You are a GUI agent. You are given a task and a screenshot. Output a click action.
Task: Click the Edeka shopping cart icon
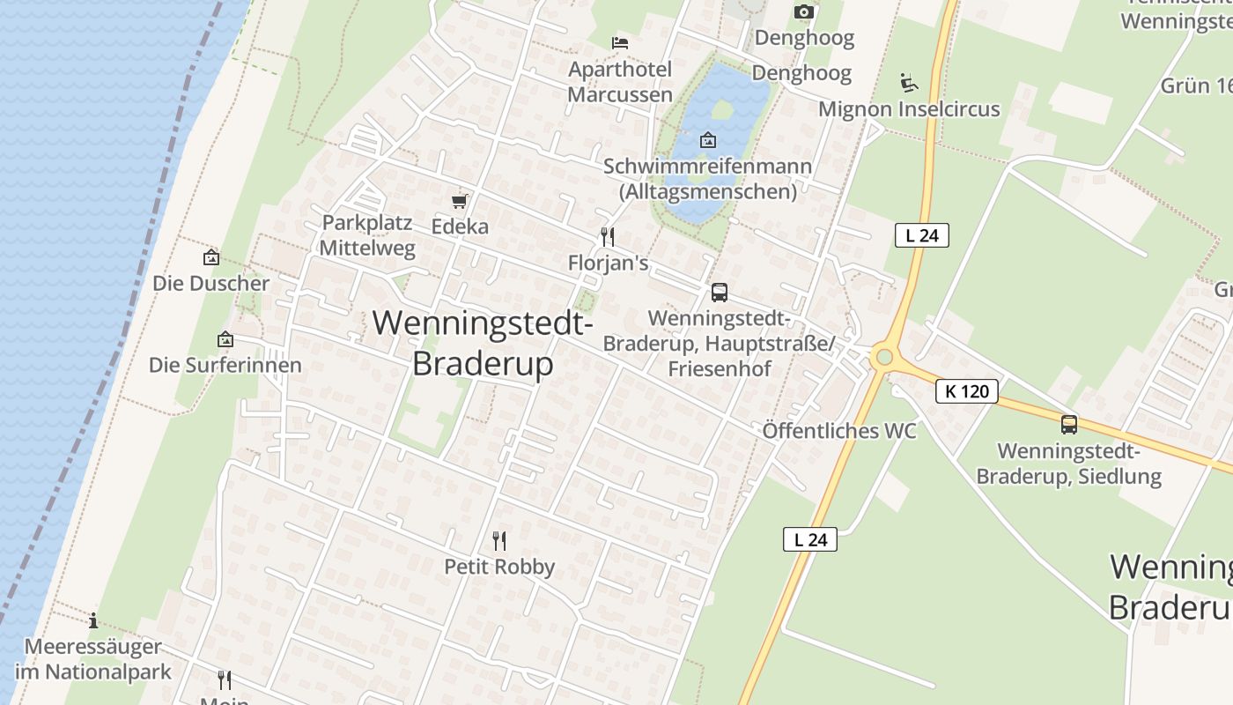click(x=459, y=202)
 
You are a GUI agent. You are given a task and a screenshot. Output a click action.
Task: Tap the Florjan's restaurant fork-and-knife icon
click(x=607, y=236)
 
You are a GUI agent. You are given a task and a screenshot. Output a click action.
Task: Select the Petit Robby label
click(x=499, y=567)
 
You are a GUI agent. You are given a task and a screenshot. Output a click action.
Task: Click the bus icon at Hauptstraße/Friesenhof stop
click(x=720, y=293)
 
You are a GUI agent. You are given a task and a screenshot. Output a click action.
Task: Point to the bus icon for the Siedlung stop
click(x=1069, y=425)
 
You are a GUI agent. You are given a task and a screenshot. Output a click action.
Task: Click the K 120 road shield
click(x=967, y=391)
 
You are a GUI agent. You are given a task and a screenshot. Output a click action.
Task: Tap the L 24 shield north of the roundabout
click(x=922, y=235)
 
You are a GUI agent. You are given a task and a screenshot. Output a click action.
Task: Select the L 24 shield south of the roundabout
click(x=810, y=539)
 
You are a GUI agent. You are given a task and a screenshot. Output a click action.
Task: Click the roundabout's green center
click(x=883, y=358)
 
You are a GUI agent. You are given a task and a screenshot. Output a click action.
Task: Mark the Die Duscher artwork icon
click(x=211, y=258)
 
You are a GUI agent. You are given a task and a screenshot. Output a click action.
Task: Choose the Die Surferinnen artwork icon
click(x=225, y=339)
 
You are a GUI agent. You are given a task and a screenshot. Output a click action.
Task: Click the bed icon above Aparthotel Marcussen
click(x=620, y=42)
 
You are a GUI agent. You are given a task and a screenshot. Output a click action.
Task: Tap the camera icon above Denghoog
click(x=803, y=11)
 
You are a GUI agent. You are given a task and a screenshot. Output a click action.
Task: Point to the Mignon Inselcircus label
click(x=909, y=109)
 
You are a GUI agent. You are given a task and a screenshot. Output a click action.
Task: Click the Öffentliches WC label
click(x=839, y=431)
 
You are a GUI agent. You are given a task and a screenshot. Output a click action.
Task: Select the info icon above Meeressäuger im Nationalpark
click(x=93, y=620)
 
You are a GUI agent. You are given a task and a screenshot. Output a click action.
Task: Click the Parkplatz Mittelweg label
click(x=367, y=235)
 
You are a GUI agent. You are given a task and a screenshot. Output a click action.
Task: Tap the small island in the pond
click(x=722, y=110)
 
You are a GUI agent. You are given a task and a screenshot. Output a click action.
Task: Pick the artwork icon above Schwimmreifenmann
click(x=707, y=140)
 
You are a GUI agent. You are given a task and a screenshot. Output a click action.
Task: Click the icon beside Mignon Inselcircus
click(x=909, y=83)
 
